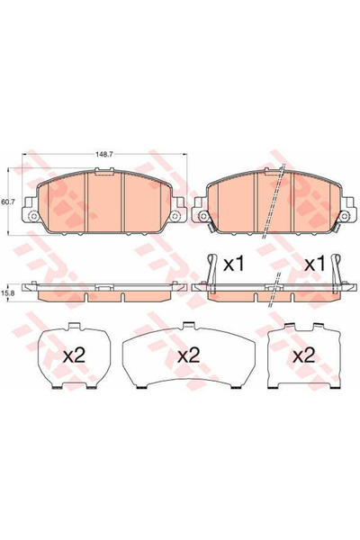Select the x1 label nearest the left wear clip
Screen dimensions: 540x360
(x=234, y=266)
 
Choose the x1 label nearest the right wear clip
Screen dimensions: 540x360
(x=313, y=266)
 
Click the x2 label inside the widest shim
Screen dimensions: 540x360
(x=187, y=355)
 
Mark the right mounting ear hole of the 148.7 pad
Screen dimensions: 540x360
(x=179, y=217)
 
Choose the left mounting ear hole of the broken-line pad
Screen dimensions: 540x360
(x=201, y=217)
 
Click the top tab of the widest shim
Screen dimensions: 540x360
(x=187, y=326)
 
